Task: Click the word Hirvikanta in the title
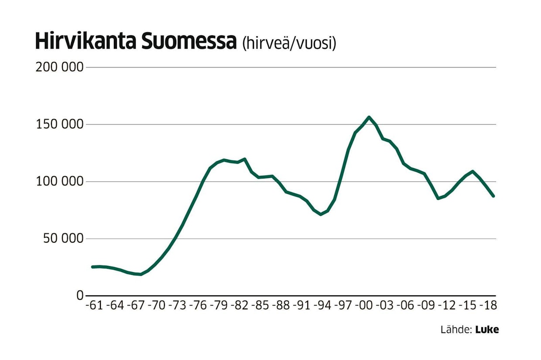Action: coord(85,41)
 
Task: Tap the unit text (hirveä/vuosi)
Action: coord(288,43)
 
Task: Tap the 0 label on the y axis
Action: coord(79,295)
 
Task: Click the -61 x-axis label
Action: coord(94,306)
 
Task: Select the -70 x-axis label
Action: coord(156,306)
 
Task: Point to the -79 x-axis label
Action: coord(218,306)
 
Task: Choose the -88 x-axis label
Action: coord(281,306)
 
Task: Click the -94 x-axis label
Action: coord(322,306)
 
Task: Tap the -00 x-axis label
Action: coord(363,306)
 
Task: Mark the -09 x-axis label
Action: coord(425,306)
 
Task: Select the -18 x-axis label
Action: coord(488,306)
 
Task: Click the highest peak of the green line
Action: coord(369,117)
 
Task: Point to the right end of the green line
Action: coord(493,196)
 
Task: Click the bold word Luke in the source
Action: coord(487,330)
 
